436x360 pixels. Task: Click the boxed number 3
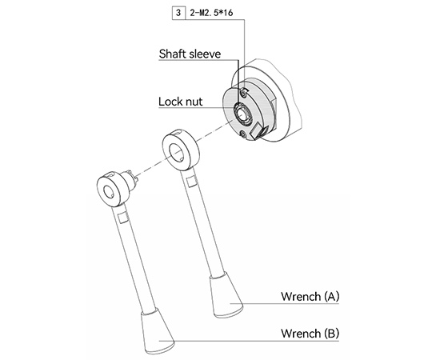[x=178, y=13]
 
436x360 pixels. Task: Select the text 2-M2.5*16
[x=211, y=13]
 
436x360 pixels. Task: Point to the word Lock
[x=170, y=102]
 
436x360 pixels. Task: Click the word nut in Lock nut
[x=193, y=102]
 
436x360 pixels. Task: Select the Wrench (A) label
[x=310, y=296]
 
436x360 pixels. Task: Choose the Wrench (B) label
[x=310, y=333]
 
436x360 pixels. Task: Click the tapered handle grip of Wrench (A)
[x=226, y=295]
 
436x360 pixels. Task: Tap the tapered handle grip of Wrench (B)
[x=157, y=331]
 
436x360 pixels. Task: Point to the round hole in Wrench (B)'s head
[x=109, y=192]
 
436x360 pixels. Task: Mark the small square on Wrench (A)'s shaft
[x=191, y=182]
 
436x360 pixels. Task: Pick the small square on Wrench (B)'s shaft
[x=122, y=218]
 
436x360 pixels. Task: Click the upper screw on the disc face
[x=244, y=93]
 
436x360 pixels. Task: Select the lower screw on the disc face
[x=243, y=135]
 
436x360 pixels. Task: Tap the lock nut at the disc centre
[x=242, y=113]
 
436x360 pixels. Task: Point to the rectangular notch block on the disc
[x=258, y=131]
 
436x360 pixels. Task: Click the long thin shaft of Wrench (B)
[x=134, y=258]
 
